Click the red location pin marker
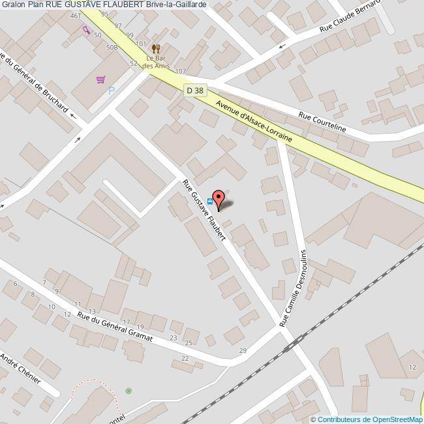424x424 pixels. [x=219, y=198]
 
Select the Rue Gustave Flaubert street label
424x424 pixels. [x=204, y=210]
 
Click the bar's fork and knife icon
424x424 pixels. [x=155, y=48]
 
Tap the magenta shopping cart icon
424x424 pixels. [x=100, y=80]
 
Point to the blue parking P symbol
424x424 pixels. [x=111, y=91]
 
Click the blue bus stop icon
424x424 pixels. [x=210, y=202]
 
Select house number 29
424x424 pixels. [x=243, y=352]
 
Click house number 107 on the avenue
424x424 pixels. [x=181, y=71]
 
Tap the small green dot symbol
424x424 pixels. [x=129, y=391]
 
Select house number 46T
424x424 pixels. [x=76, y=15]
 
